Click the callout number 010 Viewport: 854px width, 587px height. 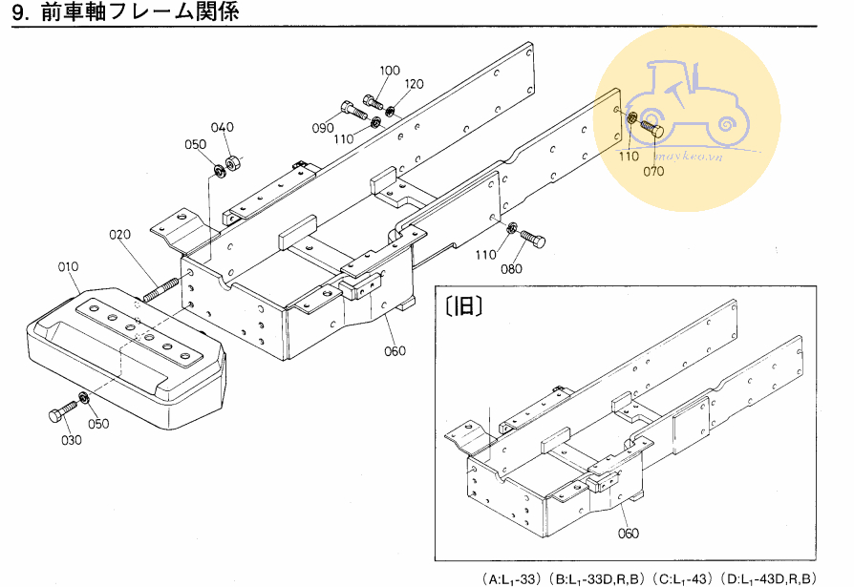[68, 266]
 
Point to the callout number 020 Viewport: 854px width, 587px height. [119, 235]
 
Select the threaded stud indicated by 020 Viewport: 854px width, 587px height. [160, 289]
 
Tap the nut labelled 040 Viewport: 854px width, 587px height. [233, 162]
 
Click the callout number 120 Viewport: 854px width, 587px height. [414, 84]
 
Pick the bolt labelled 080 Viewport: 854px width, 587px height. [532, 239]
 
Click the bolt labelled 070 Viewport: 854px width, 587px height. [651, 129]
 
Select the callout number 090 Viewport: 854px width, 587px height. [323, 128]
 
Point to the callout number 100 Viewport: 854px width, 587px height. [390, 71]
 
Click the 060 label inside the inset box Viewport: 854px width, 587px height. [628, 534]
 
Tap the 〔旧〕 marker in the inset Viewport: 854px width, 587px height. [463, 306]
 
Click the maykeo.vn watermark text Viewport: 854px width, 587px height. [689, 157]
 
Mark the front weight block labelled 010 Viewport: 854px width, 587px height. [126, 358]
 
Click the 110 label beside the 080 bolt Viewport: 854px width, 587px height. [485, 254]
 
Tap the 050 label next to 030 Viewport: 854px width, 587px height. [98, 423]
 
